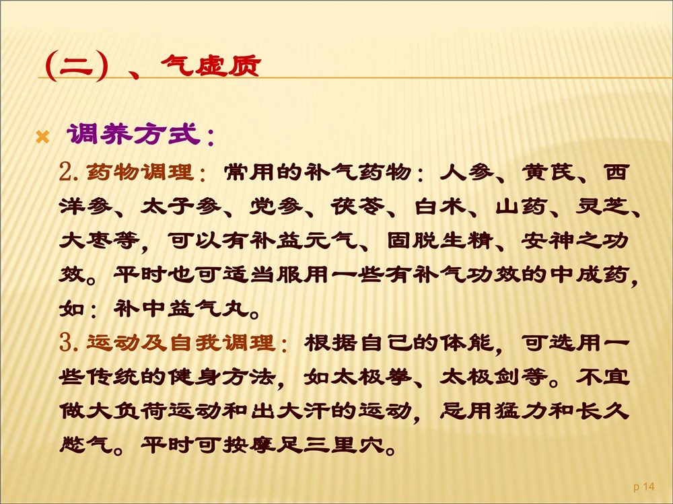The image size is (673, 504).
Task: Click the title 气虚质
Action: (x=211, y=66)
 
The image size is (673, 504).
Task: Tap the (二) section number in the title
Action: (x=77, y=66)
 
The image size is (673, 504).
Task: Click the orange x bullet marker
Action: (x=42, y=137)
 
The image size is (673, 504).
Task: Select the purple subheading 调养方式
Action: (x=133, y=134)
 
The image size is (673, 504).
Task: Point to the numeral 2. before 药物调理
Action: (x=69, y=172)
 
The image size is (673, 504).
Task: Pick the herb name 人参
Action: (x=466, y=172)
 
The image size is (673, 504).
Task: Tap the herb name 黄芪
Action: (x=548, y=172)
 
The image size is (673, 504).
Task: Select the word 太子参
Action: (x=180, y=207)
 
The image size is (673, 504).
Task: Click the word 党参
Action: (x=275, y=207)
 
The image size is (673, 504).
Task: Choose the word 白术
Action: (x=439, y=207)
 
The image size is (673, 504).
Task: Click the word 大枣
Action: (x=85, y=241)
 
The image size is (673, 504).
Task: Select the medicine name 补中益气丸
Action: (x=181, y=309)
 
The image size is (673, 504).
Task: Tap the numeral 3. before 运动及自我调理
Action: (x=69, y=343)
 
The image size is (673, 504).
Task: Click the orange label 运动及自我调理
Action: (x=180, y=342)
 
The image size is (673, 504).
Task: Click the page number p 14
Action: (x=644, y=487)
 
